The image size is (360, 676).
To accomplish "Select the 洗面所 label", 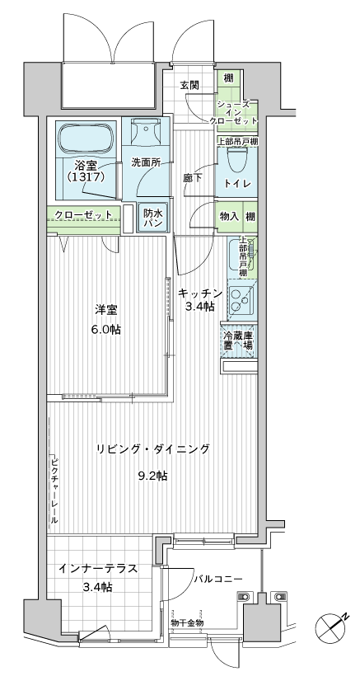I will [x=145, y=162].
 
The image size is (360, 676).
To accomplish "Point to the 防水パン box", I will [x=153, y=218].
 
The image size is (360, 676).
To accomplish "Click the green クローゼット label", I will [x=83, y=215].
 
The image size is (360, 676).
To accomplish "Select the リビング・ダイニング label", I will [x=152, y=448].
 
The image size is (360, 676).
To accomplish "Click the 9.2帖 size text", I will [x=152, y=476].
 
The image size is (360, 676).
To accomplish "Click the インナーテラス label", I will [x=96, y=569].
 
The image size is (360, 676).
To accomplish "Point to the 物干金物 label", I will [x=187, y=623].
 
